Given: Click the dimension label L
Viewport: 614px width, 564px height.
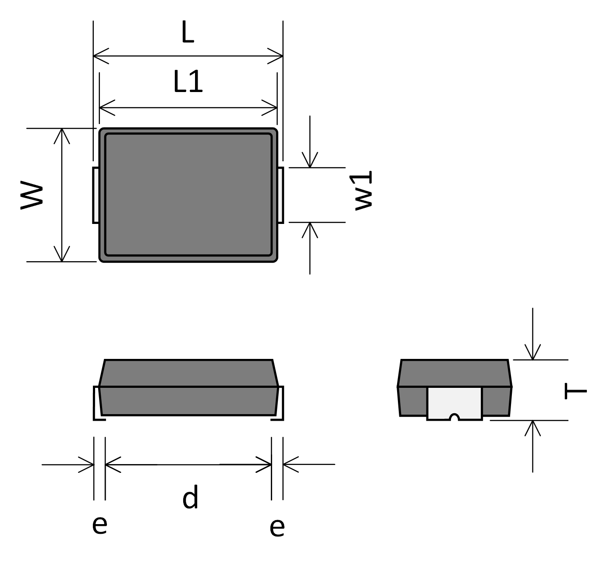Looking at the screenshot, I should pyautogui.click(x=188, y=33).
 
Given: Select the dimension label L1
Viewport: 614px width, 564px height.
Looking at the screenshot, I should pyautogui.click(x=188, y=82).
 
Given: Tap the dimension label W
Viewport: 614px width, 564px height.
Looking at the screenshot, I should pyautogui.click(x=32, y=195).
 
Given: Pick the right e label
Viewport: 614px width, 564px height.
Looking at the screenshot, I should pyautogui.click(x=277, y=527).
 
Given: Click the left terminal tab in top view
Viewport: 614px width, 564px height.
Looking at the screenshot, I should pyautogui.click(x=96, y=195).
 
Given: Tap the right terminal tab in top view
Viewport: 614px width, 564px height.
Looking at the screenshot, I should pyautogui.click(x=280, y=195).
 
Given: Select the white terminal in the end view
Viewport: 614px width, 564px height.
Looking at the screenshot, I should pyautogui.click(x=454, y=402).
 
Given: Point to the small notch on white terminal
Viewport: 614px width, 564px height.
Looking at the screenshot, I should pyautogui.click(x=454, y=417).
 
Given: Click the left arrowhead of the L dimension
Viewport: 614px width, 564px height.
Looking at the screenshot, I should pyautogui.click(x=98, y=56).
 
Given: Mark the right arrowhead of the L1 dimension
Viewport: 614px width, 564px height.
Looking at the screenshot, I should pyautogui.click(x=272, y=107).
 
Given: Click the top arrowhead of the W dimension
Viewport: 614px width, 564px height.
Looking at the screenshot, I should pyautogui.click(x=62, y=134).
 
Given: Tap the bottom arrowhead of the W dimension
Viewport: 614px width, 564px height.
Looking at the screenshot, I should pyautogui.click(x=62, y=256).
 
